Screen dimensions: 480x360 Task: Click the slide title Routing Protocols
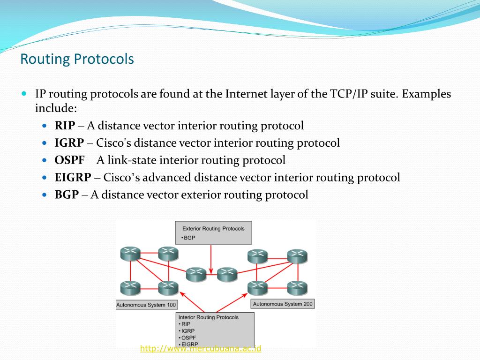tap(77, 60)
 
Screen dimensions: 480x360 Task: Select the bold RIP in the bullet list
tap(65, 126)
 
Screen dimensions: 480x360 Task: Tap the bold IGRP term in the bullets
tap(69, 143)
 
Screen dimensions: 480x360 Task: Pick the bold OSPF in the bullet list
tap(69, 160)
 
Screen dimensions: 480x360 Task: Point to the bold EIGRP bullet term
tap(73, 178)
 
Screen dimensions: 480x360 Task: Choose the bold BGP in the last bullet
tap(67, 195)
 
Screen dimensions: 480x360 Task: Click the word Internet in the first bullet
tap(246, 94)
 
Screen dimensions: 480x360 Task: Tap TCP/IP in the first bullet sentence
tap(346, 94)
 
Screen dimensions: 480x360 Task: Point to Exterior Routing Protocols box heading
tap(213, 229)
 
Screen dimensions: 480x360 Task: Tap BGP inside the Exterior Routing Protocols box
tap(189, 238)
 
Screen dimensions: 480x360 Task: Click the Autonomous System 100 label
tap(146, 305)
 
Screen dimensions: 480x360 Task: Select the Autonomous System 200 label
tap(283, 304)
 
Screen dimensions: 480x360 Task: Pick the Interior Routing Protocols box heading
tap(208, 317)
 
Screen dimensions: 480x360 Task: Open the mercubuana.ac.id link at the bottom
tap(201, 348)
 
